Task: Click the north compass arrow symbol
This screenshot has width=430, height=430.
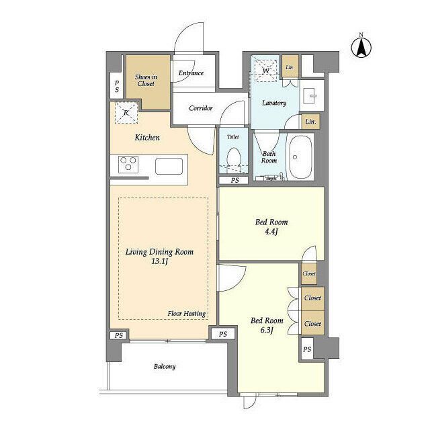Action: tap(361, 47)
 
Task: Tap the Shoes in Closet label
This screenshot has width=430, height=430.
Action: tap(146, 81)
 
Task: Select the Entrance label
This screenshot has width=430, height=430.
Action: tap(191, 73)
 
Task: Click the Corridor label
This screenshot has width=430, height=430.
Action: tap(201, 108)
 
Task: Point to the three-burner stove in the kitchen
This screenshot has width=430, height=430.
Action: tap(128, 164)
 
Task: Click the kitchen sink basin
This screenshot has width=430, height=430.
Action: tap(169, 166)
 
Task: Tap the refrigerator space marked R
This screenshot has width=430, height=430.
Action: tap(126, 113)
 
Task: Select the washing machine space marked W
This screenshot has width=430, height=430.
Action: tap(265, 71)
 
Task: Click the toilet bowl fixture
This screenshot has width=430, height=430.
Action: tap(234, 160)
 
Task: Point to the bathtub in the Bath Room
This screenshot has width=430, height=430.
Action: tap(299, 157)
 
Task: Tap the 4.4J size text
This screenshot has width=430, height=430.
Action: tap(271, 232)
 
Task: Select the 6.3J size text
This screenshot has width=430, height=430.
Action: tap(267, 330)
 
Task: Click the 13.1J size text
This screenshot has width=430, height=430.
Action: tap(159, 261)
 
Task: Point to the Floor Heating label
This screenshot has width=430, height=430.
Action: tap(187, 314)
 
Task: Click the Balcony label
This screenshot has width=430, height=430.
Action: tap(165, 367)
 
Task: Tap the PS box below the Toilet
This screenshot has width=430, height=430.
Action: tap(234, 180)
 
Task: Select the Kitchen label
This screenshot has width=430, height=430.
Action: tap(147, 137)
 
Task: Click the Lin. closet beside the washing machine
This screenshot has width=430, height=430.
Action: tap(290, 67)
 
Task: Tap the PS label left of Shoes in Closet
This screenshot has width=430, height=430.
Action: tap(117, 86)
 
